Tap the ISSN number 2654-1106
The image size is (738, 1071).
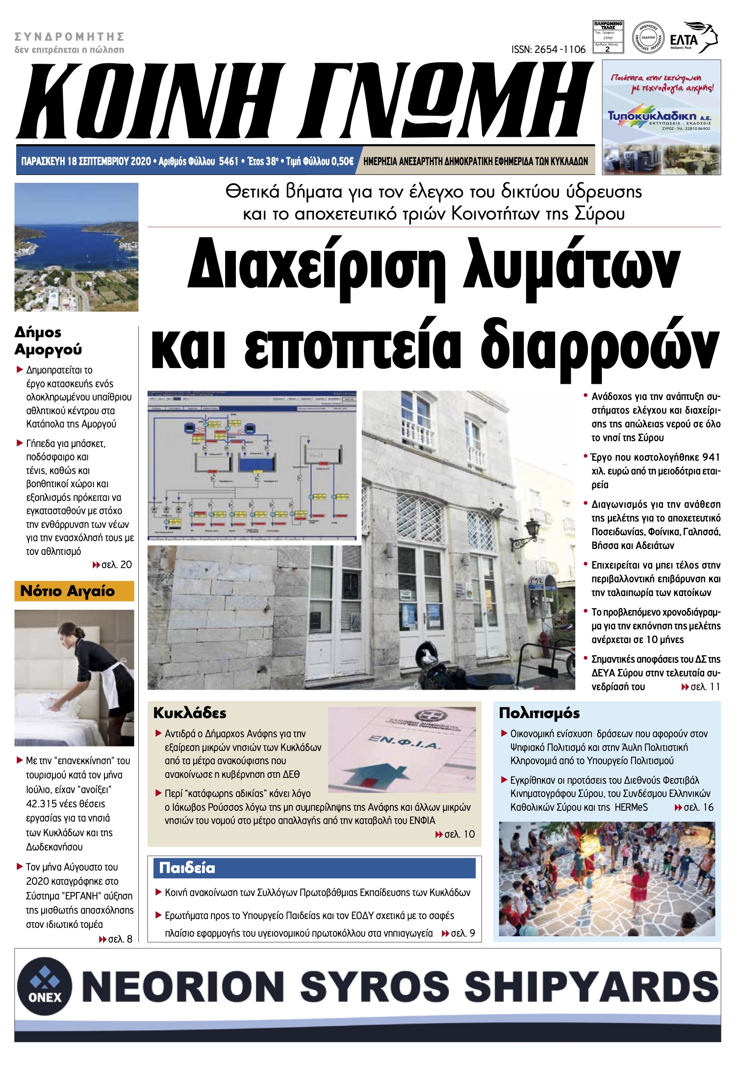tap(548, 50)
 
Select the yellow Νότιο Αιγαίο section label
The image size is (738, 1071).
tap(74, 591)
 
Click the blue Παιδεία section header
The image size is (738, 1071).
tap(314, 868)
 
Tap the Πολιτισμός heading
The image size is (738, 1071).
tap(539, 713)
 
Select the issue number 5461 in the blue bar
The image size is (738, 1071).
tap(229, 161)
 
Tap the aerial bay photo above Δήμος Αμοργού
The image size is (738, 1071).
tap(76, 247)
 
